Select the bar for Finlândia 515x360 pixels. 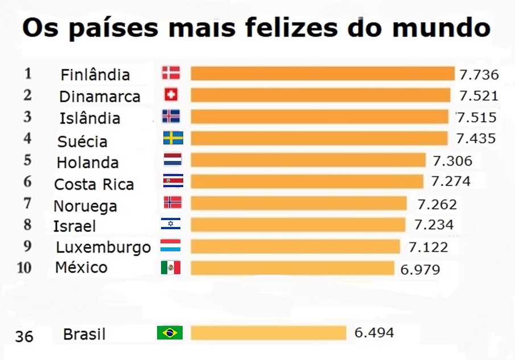322,73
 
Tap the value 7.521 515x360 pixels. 479,96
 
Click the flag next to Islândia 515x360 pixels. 171,116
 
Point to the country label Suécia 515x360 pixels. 83,140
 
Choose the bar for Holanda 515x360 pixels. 308,160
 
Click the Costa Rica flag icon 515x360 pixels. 171,181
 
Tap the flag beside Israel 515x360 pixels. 171,224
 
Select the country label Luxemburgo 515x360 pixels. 103,247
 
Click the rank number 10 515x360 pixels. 24,267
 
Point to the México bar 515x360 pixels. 292,268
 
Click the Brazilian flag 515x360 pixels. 170,333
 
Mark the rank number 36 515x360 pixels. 24,336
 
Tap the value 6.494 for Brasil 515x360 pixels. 374,332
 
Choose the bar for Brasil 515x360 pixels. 268,333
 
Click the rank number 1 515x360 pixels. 28,73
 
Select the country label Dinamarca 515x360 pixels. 100,97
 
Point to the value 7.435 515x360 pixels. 477,138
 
